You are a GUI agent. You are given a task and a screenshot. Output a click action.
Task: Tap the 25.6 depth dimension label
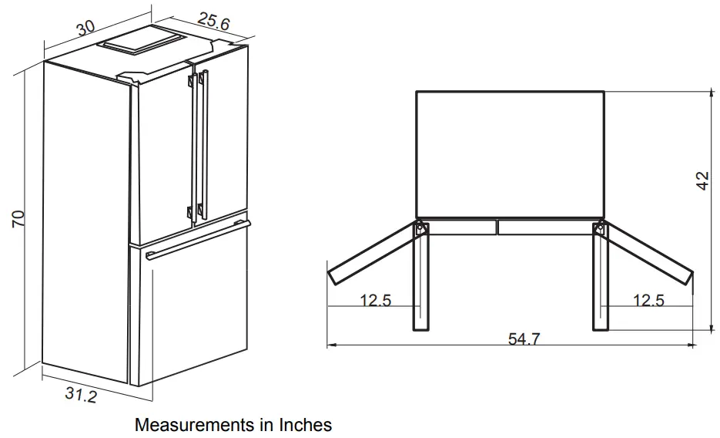(213, 23)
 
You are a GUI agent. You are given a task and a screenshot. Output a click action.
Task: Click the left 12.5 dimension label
(376, 300)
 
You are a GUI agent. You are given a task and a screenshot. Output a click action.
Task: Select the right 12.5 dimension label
(648, 300)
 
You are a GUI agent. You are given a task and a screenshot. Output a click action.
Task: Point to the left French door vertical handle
(190, 147)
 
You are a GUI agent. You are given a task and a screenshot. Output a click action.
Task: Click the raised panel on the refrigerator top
(143, 41)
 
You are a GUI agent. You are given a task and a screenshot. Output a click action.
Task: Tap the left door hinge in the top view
(420, 228)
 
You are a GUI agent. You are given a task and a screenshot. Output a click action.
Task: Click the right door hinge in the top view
(598, 228)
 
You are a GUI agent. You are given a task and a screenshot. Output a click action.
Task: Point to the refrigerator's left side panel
(85, 216)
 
